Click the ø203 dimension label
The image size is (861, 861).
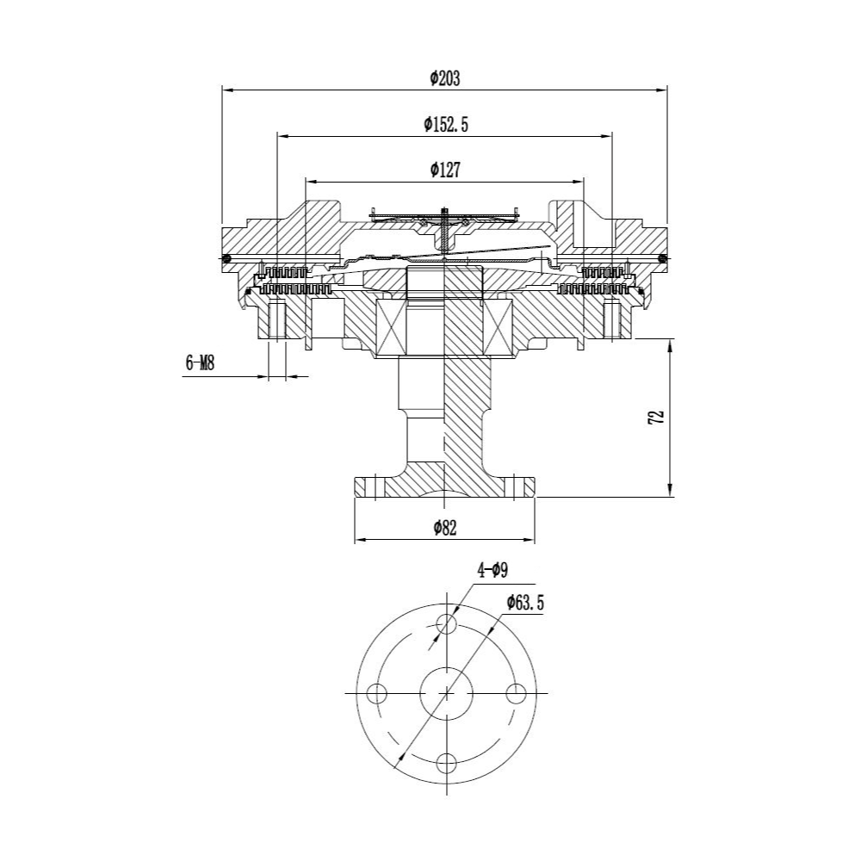click(x=445, y=78)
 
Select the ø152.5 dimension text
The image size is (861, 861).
click(x=446, y=125)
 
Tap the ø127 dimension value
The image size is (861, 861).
click(x=445, y=170)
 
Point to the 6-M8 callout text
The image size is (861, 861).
click(x=200, y=363)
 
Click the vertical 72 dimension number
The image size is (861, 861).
click(x=657, y=417)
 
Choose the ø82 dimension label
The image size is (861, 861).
click(x=445, y=529)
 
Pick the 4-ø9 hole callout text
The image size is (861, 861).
click(x=492, y=571)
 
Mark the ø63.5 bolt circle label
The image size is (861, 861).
click(x=525, y=603)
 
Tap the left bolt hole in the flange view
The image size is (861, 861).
click(x=377, y=693)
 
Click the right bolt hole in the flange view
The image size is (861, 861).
click(x=516, y=693)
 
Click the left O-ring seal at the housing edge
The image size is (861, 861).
click(x=226, y=258)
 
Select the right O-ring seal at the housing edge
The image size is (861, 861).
click(x=663, y=258)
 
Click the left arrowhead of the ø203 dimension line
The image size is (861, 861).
click(x=226, y=89)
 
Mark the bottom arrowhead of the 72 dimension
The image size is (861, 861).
click(x=669, y=492)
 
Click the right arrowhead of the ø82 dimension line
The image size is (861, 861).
click(x=529, y=541)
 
